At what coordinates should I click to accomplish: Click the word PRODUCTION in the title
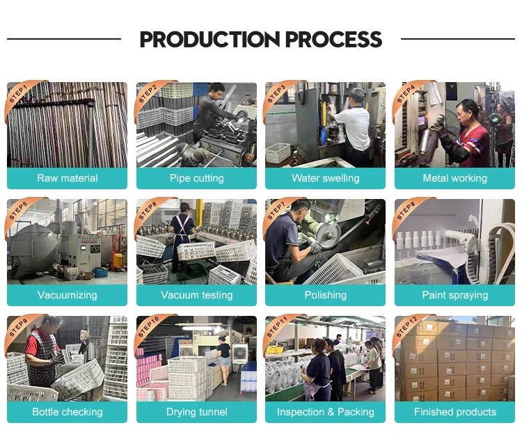[210, 39]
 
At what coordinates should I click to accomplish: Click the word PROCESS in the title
[333, 39]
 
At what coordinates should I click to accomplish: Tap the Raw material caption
[68, 178]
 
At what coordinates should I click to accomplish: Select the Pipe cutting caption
[196, 178]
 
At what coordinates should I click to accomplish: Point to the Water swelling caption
[326, 178]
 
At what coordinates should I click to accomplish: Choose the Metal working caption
[454, 178]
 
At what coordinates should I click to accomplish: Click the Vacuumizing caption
[68, 295]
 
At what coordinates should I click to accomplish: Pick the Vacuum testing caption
[196, 295]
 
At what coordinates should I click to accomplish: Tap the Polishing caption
[326, 295]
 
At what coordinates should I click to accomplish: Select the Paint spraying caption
[454, 295]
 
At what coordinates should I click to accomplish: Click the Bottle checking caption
[68, 412]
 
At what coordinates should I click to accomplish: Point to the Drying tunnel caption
[196, 412]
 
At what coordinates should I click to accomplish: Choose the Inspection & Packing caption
[326, 412]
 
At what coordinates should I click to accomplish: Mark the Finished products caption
[454, 412]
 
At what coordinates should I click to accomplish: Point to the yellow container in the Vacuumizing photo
[118, 261]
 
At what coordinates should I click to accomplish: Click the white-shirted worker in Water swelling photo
[354, 127]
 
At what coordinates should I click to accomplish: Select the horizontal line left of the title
[64, 39]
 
